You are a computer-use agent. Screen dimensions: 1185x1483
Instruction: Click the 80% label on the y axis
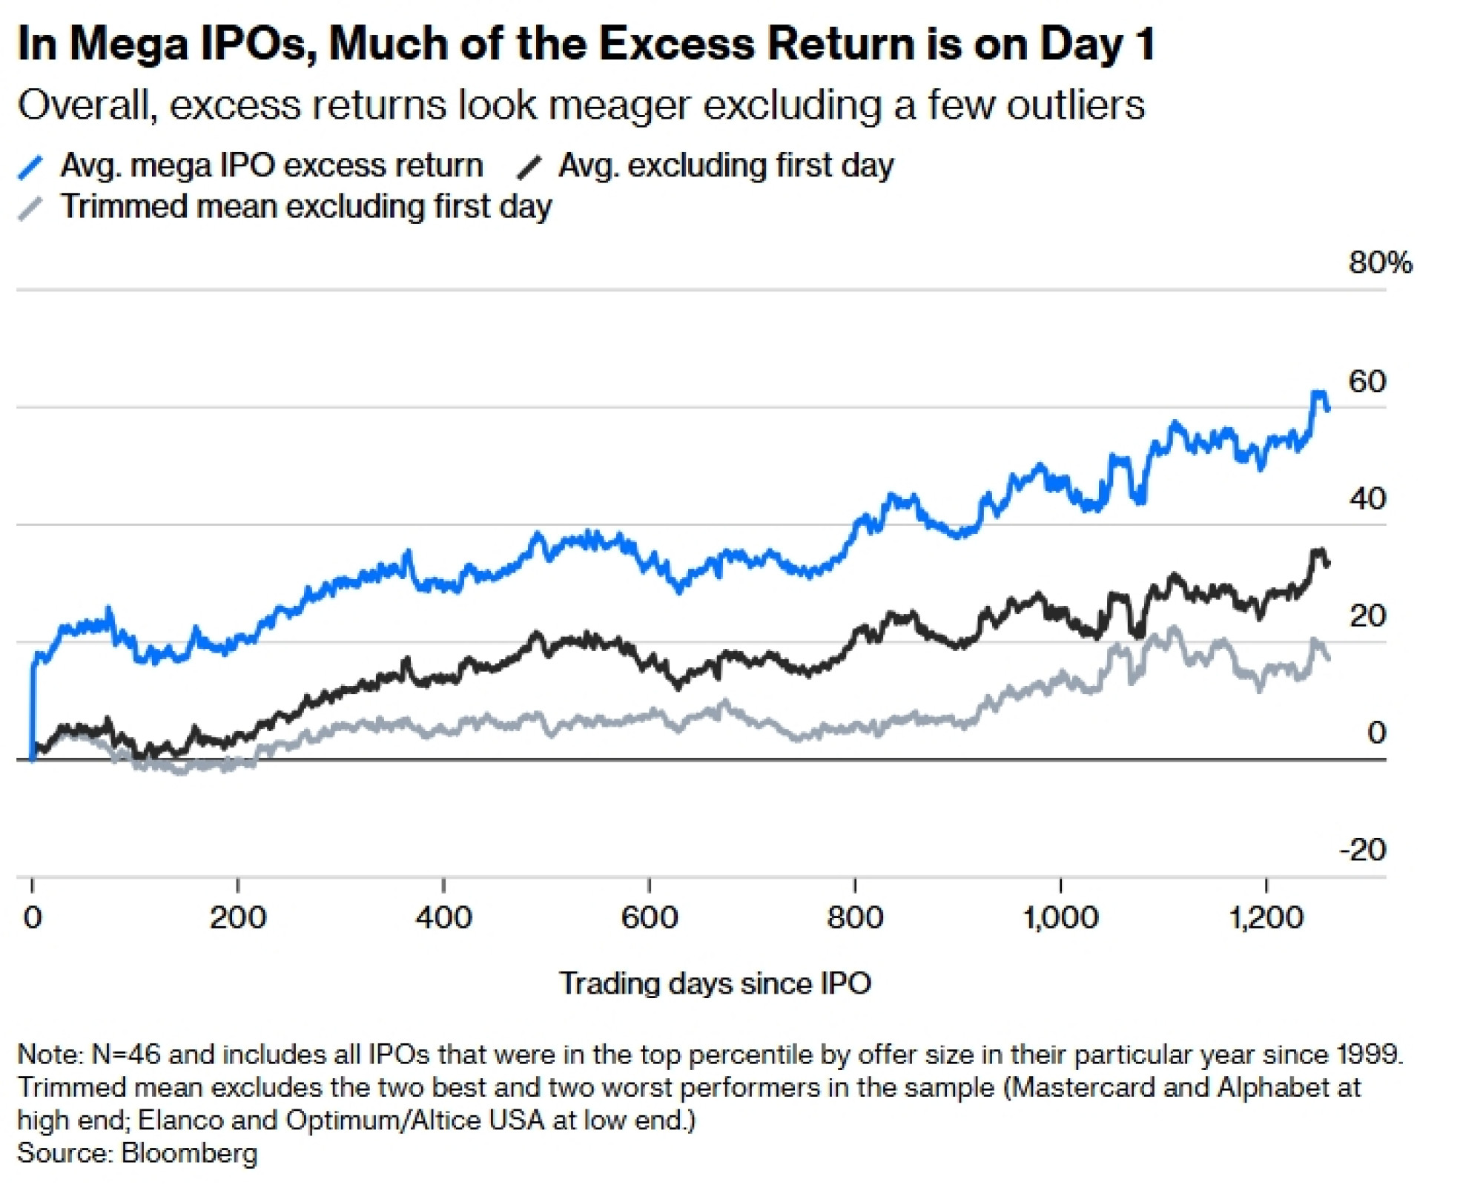[1380, 263]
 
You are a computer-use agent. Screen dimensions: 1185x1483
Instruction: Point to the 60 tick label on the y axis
[1367, 381]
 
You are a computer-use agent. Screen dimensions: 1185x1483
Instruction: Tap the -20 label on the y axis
[1363, 849]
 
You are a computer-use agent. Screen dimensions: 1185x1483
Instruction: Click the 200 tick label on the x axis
[237, 918]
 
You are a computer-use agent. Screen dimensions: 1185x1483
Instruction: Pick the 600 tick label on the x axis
[649, 918]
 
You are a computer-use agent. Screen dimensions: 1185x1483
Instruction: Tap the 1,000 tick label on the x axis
[1060, 918]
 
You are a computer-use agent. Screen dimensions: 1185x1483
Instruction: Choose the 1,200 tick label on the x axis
[1266, 918]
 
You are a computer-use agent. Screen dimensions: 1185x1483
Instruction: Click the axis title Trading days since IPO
[715, 983]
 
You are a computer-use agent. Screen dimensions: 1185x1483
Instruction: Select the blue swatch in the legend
[30, 167]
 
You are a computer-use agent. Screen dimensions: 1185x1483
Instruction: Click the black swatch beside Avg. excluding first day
[529, 167]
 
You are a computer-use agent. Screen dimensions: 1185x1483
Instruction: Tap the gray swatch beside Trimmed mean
[30, 208]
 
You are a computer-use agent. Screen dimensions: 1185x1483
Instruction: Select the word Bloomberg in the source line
[189, 1153]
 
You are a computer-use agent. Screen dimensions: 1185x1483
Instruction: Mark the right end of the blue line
[1327, 409]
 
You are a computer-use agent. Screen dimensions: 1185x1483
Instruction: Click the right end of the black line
[1327, 564]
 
